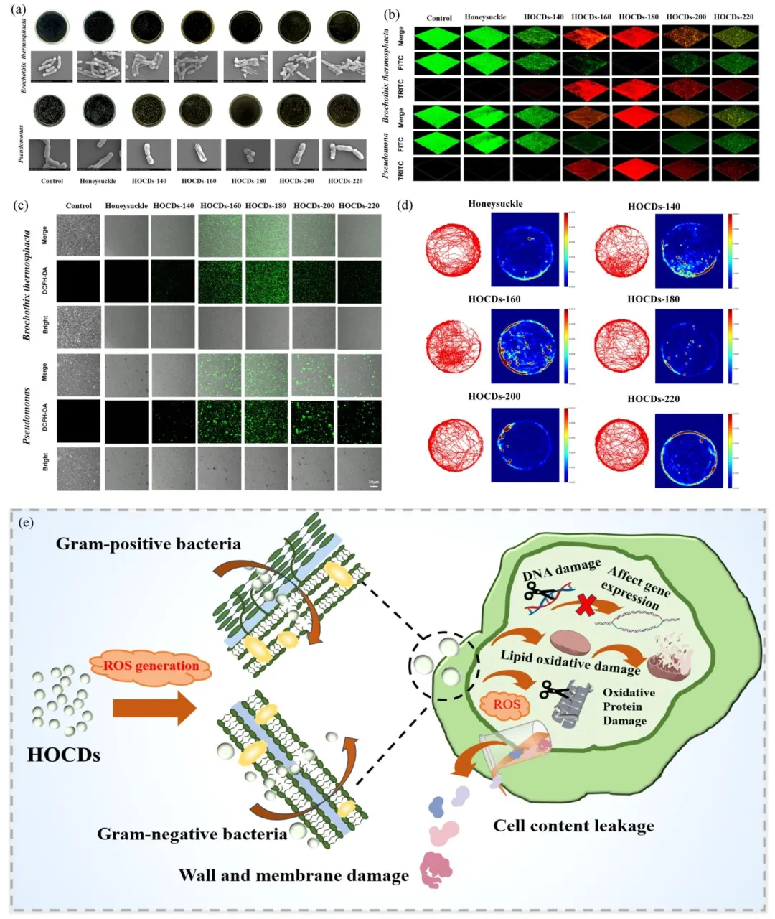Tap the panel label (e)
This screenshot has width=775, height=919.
[x=27, y=523]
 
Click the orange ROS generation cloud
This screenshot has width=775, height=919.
[x=151, y=666]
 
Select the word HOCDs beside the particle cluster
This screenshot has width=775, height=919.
[x=64, y=755]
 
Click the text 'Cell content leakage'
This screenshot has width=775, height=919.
[x=573, y=826]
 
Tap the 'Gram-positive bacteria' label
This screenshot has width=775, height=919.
[x=149, y=544]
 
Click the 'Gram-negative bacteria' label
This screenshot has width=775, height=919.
[x=192, y=834]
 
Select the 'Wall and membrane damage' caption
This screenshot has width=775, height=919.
[x=293, y=875]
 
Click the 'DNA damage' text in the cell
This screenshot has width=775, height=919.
[x=560, y=569]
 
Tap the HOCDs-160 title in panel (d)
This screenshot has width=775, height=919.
[x=494, y=299]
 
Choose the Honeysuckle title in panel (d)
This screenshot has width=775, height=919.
[x=495, y=204]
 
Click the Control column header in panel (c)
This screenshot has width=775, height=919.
[x=79, y=205]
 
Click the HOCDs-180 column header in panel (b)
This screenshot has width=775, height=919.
[x=638, y=17]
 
